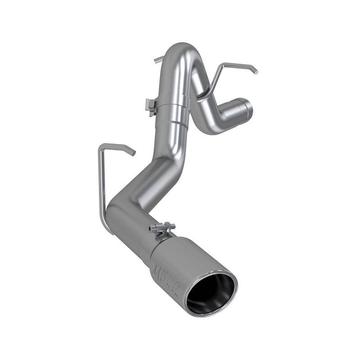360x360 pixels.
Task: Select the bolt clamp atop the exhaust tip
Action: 162,229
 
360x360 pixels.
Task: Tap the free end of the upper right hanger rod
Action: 255,70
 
